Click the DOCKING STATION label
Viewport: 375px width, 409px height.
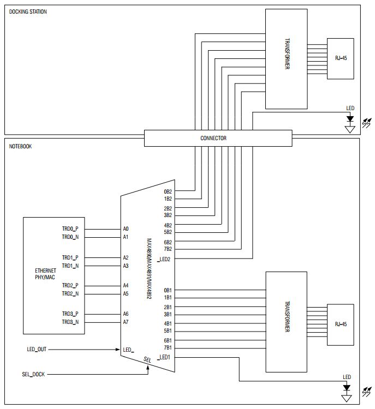point(28,11)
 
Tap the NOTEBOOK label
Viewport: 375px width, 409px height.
point(21,147)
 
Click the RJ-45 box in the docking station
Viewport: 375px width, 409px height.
point(341,58)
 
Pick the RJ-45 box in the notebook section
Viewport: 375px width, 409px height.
point(341,324)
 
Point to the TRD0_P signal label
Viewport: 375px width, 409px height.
point(70,229)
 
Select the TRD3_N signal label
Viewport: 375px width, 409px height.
point(70,322)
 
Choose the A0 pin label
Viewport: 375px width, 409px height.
point(126,229)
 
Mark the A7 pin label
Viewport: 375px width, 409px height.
point(126,322)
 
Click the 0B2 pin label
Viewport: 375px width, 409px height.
point(168,191)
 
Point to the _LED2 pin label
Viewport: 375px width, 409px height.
point(165,258)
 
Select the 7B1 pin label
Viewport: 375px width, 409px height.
point(168,347)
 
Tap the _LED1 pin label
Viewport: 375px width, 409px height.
point(165,358)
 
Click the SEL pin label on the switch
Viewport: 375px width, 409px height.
point(147,359)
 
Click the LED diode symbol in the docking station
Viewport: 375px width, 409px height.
point(350,118)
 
